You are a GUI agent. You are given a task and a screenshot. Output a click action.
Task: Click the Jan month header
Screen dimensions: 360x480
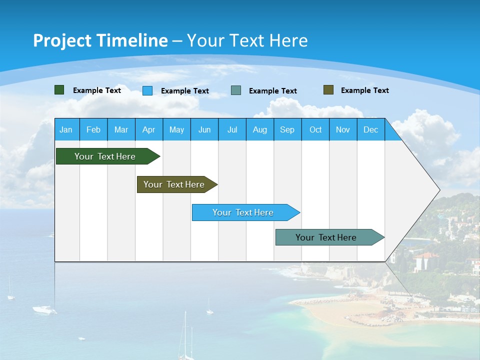tap(66, 129)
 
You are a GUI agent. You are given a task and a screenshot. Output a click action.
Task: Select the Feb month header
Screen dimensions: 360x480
tap(93, 129)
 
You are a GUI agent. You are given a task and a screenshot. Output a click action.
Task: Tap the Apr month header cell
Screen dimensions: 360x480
tap(149, 129)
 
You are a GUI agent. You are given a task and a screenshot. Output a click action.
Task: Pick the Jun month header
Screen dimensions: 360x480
tap(204, 129)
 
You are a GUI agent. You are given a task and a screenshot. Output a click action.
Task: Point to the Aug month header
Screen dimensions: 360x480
tap(260, 129)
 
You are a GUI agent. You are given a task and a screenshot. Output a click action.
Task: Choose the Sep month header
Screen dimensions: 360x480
tap(287, 129)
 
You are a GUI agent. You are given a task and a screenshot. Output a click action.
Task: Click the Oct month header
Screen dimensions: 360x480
tap(315, 129)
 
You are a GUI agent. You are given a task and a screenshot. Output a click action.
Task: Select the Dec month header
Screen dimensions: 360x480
tap(371, 129)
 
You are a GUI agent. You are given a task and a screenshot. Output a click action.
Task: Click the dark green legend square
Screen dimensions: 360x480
tap(59, 90)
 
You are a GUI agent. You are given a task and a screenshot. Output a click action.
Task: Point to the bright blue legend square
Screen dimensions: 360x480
tap(147, 90)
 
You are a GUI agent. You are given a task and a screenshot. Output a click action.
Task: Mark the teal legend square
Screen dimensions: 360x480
tap(236, 90)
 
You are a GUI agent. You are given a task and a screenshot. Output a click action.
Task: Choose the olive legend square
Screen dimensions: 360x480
tap(328, 90)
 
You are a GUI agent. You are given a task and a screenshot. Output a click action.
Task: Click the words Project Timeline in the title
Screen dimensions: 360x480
tap(100, 40)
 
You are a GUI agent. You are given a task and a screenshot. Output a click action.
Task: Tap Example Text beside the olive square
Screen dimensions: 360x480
tap(364, 90)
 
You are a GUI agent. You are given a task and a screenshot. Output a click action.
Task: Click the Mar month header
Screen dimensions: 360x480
tap(121, 129)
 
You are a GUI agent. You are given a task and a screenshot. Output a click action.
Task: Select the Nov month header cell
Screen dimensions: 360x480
tap(343, 129)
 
